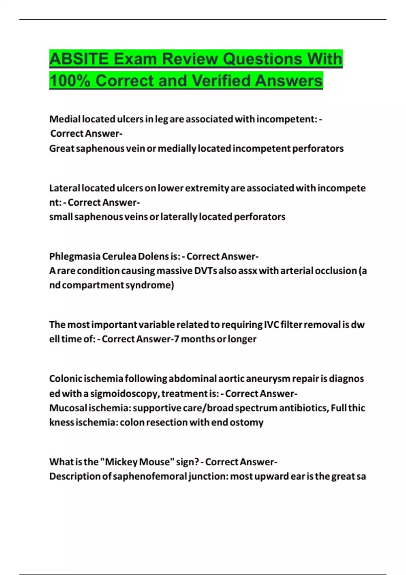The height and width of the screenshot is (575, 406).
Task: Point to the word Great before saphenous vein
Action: pos(62,148)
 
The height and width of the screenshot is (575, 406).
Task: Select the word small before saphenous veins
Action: pos(61,217)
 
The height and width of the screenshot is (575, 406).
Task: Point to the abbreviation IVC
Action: pos(271,325)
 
